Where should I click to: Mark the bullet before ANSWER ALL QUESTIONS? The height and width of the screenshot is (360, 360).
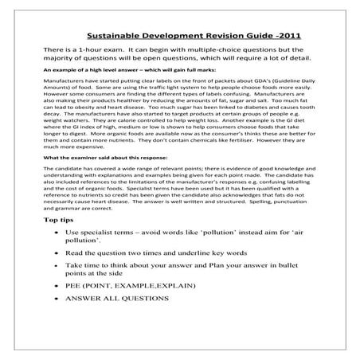pyautogui.click(x=50, y=298)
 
